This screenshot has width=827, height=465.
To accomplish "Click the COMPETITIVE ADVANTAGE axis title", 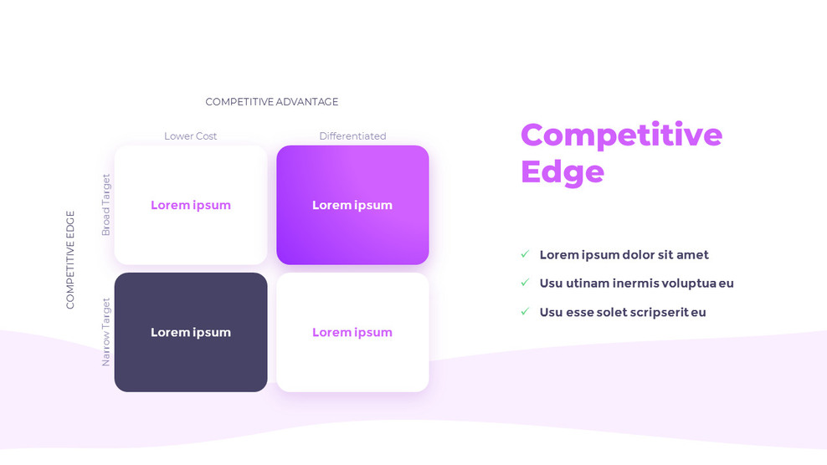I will [272, 102].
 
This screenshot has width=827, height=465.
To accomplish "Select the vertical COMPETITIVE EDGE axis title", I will [70, 259].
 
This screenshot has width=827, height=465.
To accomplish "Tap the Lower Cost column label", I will [190, 136].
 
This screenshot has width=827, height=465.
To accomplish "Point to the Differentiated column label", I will [352, 136].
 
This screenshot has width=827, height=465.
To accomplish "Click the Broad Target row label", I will [106, 205].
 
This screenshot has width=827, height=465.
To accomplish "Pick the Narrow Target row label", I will [106, 332].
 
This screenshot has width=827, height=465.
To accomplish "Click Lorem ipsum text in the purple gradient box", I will [352, 205].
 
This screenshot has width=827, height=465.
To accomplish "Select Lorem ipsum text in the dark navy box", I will [191, 332].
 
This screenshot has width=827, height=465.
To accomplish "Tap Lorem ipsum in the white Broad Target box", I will [191, 205].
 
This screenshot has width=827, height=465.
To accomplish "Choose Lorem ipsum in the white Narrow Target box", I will [352, 332].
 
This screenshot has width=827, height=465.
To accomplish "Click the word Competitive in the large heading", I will [621, 135].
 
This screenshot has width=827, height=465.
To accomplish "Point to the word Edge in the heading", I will [562, 171].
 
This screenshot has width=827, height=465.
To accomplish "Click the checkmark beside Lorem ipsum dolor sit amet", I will [525, 254].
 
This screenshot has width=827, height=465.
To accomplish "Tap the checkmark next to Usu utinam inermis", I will [525, 283].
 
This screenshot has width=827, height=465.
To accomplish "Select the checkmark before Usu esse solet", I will [525, 311].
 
